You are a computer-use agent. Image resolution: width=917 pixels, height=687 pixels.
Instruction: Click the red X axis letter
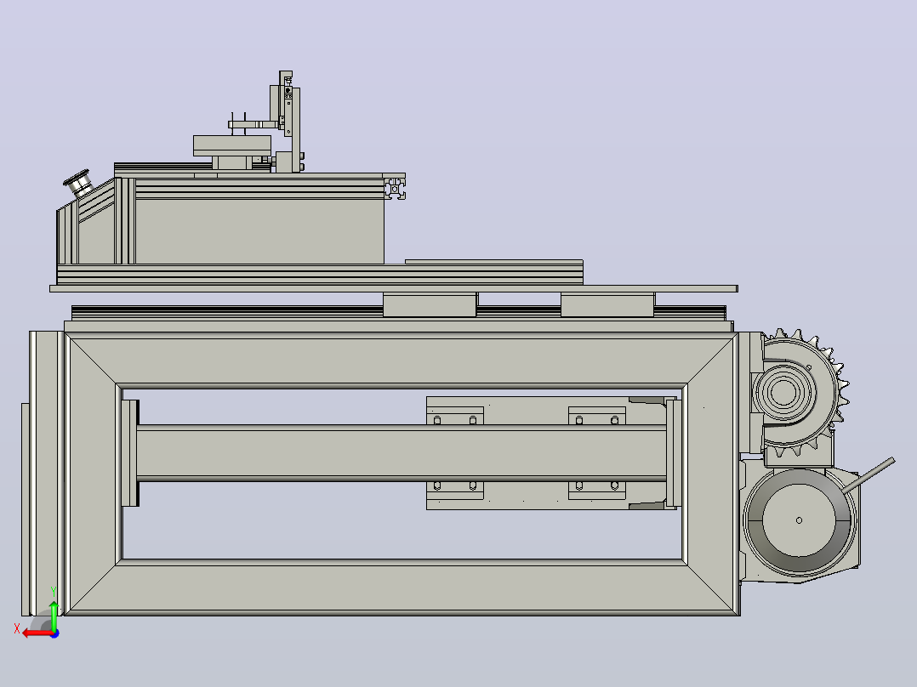(x=17, y=628)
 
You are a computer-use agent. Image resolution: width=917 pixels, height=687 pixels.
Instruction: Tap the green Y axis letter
(x=54, y=592)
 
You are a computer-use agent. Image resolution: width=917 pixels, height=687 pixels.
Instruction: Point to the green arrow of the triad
(x=54, y=616)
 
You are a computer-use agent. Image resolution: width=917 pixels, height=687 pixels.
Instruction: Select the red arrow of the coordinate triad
(x=37, y=633)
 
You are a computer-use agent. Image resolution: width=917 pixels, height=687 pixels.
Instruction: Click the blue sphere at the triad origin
(x=54, y=633)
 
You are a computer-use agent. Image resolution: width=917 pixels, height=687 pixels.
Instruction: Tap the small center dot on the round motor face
(x=799, y=520)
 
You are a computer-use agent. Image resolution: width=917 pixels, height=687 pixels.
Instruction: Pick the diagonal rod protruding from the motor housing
(x=869, y=474)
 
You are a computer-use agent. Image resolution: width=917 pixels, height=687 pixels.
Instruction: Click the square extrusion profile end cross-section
(x=396, y=189)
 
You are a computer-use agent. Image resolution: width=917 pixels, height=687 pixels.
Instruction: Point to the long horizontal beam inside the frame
(x=402, y=453)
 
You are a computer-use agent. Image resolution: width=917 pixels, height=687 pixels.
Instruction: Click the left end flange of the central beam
(x=130, y=453)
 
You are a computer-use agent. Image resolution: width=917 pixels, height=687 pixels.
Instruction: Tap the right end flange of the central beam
(x=674, y=453)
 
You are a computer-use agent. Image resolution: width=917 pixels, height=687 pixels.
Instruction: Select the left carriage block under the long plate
(x=430, y=305)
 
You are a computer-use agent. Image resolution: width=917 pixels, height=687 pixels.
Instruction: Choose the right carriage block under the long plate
(x=607, y=305)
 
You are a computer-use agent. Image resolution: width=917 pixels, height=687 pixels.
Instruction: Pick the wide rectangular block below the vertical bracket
(x=232, y=145)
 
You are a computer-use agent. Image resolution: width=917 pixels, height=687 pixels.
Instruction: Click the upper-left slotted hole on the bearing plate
(x=437, y=420)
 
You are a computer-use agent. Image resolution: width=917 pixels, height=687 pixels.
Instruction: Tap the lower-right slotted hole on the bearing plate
(x=615, y=485)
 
